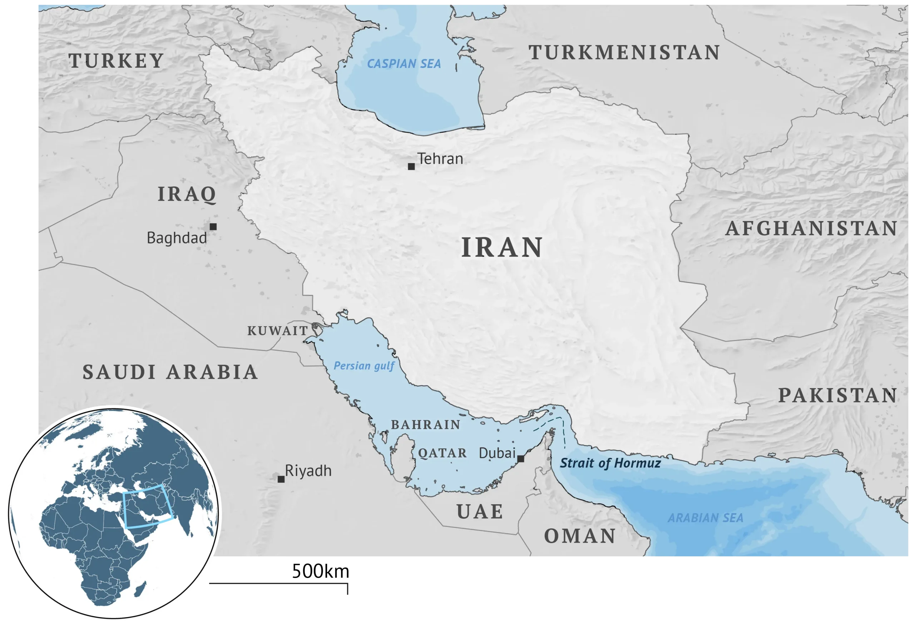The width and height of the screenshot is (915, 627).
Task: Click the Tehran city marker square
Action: point(411,166)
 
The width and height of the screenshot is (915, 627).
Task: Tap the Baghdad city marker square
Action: point(213,227)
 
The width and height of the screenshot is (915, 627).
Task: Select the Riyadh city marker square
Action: point(281,479)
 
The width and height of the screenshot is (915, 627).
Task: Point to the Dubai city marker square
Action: point(520,459)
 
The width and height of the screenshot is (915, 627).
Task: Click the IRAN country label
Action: point(502,248)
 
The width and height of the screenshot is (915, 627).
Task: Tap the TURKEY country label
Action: point(116,61)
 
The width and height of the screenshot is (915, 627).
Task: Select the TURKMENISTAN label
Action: point(624,53)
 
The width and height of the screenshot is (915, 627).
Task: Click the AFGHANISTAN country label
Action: point(811,229)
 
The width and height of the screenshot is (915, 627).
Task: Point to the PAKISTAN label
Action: point(837,395)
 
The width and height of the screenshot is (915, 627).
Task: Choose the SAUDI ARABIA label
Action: point(170,372)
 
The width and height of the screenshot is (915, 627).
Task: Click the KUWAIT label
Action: point(277,330)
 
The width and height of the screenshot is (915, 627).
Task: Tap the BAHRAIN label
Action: point(425,425)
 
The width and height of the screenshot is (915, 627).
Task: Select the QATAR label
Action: point(442,453)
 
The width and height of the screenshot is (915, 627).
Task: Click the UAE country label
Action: point(480,511)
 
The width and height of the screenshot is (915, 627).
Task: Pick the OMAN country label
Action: point(579,536)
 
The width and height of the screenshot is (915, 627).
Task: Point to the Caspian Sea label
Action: point(404,64)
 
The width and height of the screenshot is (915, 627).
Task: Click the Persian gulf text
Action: point(364,366)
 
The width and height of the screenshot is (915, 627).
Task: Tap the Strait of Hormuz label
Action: point(610,463)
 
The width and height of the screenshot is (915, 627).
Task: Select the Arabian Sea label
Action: point(705,518)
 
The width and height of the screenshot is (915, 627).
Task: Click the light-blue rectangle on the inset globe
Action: point(148,507)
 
